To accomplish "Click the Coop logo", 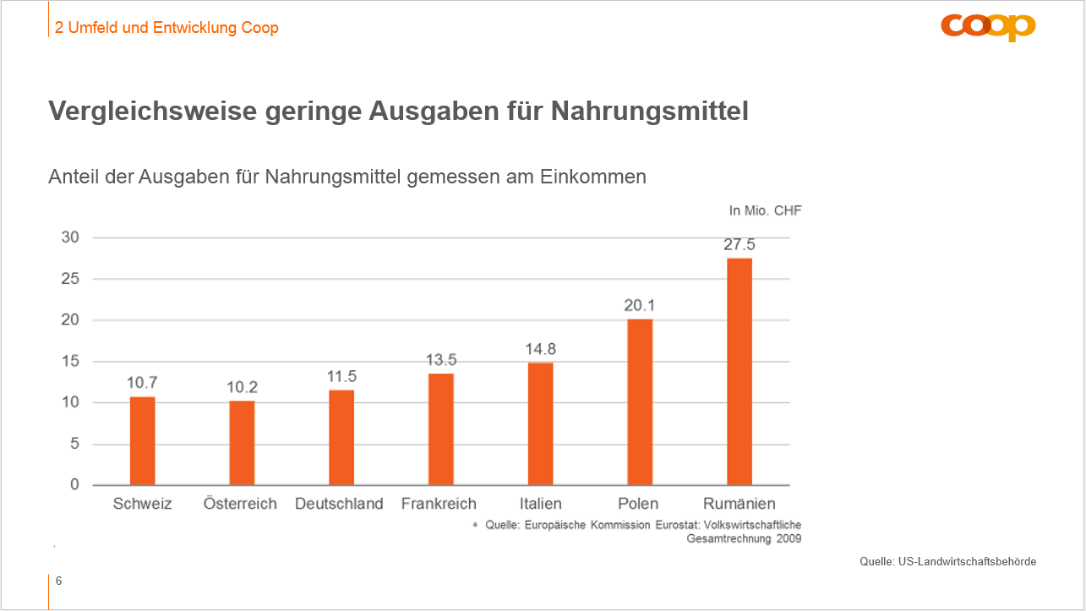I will click(988, 27).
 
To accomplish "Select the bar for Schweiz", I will click(142, 441).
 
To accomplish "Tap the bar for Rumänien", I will click(739, 372).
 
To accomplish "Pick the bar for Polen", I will click(640, 402).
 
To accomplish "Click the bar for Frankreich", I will click(441, 429).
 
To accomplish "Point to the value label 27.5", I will click(739, 245).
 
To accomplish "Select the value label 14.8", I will click(540, 349).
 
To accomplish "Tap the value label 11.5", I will click(341, 376).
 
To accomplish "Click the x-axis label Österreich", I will click(240, 504).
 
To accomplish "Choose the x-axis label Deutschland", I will click(339, 504).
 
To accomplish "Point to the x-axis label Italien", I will click(541, 504).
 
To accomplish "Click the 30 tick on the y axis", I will click(70, 237).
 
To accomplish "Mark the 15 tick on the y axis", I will click(70, 362).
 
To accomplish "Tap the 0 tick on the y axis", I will click(74, 485).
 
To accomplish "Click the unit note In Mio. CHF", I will click(765, 211).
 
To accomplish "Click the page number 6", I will click(58, 581).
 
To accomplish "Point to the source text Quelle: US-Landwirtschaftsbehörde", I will click(947, 561).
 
